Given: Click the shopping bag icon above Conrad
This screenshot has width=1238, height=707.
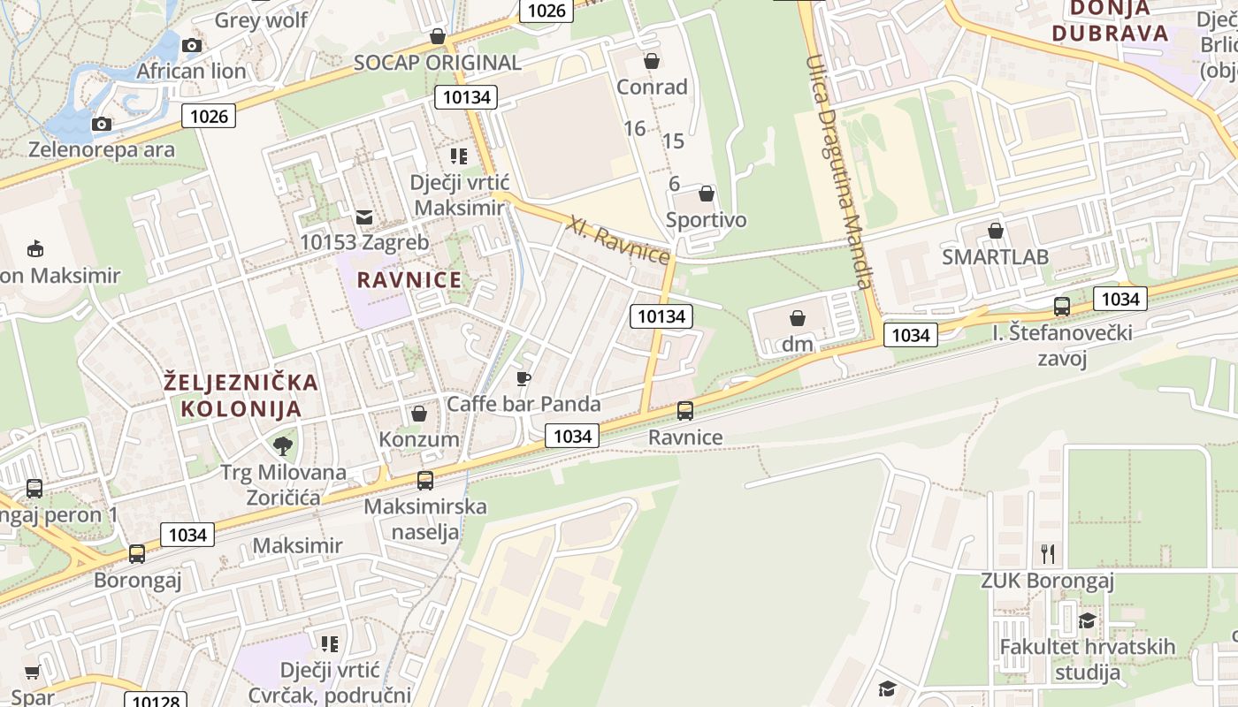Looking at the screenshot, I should coord(652,61).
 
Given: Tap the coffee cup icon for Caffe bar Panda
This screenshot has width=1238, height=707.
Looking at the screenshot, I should coord(523,379).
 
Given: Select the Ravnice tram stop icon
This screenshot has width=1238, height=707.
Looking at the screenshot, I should coord(685,411).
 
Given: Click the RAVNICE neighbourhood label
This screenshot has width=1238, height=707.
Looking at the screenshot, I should coord(409,280).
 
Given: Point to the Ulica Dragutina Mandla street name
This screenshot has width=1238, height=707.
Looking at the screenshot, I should coord(838,171).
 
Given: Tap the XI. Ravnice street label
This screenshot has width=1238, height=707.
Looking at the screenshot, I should coord(619,239).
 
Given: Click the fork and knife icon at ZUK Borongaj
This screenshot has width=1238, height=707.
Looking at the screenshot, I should coord(1048,554).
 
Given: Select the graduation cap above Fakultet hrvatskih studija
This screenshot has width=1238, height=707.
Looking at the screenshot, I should coord(1087,620).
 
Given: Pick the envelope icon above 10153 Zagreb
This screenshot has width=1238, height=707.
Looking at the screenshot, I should coord(363,217).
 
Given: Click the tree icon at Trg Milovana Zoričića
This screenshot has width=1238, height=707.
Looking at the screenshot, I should coord(283,445).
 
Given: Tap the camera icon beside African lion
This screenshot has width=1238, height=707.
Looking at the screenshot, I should coord(192,45).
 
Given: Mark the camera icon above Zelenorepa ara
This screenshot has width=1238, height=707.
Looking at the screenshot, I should coord(102,124).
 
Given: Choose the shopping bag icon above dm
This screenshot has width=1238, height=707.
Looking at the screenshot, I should coord(798,318).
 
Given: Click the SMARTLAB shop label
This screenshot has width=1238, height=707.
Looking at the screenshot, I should coord(995,257).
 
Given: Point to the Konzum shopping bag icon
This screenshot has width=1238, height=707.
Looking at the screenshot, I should coord(419,414).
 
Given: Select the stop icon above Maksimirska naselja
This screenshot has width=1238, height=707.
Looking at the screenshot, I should coord(425,481).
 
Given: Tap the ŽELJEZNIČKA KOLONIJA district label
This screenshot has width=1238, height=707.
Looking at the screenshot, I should coord(241,395).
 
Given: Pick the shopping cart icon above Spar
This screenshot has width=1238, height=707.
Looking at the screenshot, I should coord(33,673).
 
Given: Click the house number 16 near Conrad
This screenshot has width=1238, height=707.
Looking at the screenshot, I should coord(634,128).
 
